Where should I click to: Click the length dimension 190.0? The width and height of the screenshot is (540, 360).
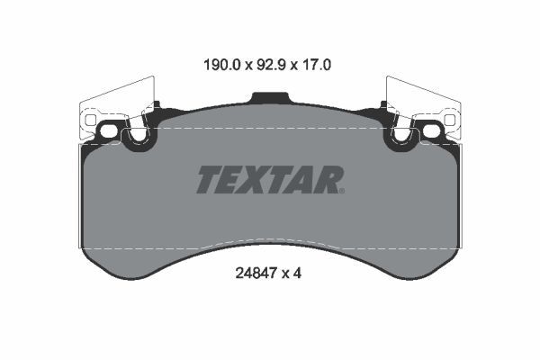(x=221, y=65)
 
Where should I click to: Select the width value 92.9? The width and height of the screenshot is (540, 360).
(x=272, y=65)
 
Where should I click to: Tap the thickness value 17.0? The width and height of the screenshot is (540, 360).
(x=317, y=65)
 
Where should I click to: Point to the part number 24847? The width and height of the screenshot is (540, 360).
(x=256, y=274)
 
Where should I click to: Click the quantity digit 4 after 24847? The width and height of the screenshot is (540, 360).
(x=297, y=274)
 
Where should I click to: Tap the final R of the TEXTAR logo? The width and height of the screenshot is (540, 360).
(x=328, y=179)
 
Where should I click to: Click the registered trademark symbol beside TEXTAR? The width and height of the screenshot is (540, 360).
(x=342, y=191)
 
